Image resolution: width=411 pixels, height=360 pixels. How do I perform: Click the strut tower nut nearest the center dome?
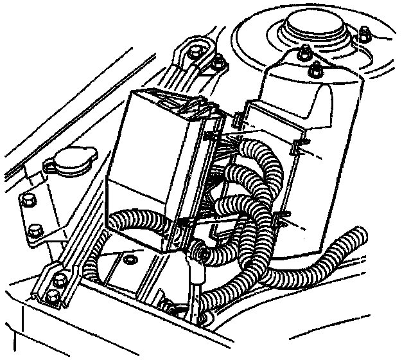(x=304, y=54)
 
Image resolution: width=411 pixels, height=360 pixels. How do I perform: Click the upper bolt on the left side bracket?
(x=26, y=201)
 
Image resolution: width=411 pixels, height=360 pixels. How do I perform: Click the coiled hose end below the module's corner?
(x=200, y=256)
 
